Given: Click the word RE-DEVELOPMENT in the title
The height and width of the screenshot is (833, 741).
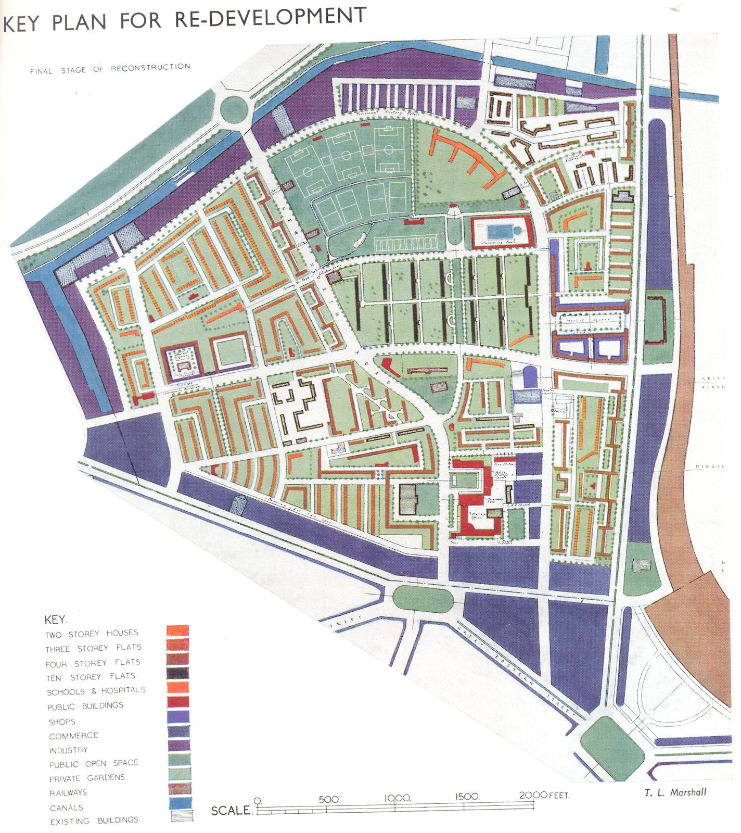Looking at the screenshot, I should coord(270,17).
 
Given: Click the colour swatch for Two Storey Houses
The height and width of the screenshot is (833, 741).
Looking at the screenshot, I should coord(178,630).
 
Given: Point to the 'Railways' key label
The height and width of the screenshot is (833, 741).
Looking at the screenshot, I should coord(68,793).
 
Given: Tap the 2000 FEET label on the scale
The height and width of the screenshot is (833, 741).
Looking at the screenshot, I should coord(544,796).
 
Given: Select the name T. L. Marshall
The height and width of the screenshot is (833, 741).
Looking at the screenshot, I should coord(675,792).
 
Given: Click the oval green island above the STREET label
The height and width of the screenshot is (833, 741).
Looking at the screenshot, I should coord(423,599).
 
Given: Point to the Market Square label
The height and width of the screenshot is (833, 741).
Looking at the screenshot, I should coord(587,320).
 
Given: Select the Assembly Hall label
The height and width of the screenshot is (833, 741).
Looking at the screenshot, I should coord(494,499).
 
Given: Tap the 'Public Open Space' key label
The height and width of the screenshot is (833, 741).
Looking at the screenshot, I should coord(94,764).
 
